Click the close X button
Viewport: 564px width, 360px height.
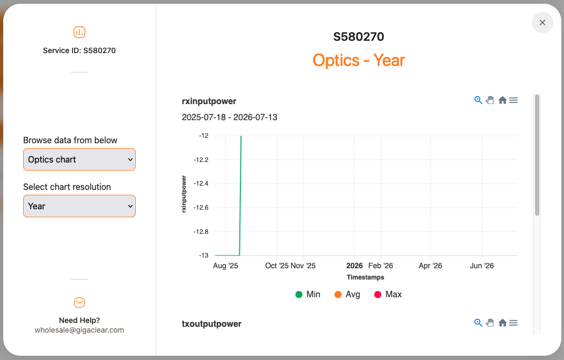542,23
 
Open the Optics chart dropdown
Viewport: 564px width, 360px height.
79,159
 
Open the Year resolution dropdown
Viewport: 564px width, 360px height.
79,206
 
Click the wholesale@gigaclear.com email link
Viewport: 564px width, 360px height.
79,330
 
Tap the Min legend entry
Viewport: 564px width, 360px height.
308,295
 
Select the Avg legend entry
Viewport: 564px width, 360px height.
347,295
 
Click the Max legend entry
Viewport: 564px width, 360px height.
388,295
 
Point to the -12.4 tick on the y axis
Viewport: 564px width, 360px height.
201,183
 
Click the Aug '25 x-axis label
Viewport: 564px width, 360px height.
225,266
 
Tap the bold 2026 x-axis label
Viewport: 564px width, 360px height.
354,266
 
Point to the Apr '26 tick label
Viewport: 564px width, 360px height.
430,266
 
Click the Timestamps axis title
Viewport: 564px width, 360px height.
365,277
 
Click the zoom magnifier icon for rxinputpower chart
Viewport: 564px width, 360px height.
478,100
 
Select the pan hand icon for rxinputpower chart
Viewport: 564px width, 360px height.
490,100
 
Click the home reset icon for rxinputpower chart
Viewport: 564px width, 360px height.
502,100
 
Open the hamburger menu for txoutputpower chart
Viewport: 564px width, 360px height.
514,323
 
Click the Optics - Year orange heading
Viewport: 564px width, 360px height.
358,61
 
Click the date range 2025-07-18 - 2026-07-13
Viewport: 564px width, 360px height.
230,117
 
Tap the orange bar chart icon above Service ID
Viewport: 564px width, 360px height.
79,32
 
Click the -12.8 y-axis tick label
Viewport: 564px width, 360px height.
201,232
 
